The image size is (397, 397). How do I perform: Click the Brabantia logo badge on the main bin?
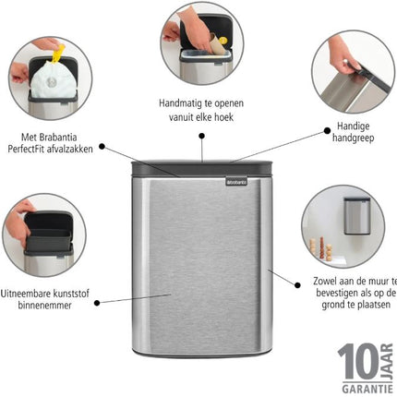[x=236, y=181]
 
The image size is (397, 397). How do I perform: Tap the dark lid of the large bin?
[x=202, y=169]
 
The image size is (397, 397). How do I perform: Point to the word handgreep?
[x=353, y=138]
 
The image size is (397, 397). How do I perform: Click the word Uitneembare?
[x=25, y=294]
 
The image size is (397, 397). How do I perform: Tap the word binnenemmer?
[x=44, y=306]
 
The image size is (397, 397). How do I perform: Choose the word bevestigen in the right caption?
[x=337, y=293]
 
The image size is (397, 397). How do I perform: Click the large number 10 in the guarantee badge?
[x=359, y=361]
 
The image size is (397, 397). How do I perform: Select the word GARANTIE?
[x=367, y=389]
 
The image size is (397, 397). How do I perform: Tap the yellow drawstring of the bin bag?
[x=58, y=54]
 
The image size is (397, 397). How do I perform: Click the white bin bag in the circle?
[x=53, y=79]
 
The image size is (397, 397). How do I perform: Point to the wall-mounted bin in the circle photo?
[x=356, y=216]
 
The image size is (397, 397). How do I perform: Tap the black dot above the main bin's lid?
[x=202, y=136]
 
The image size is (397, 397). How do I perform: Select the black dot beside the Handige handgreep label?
[x=327, y=131]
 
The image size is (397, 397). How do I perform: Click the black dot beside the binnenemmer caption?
[x=97, y=303]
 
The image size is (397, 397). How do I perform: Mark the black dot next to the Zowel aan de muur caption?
[x=297, y=285]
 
